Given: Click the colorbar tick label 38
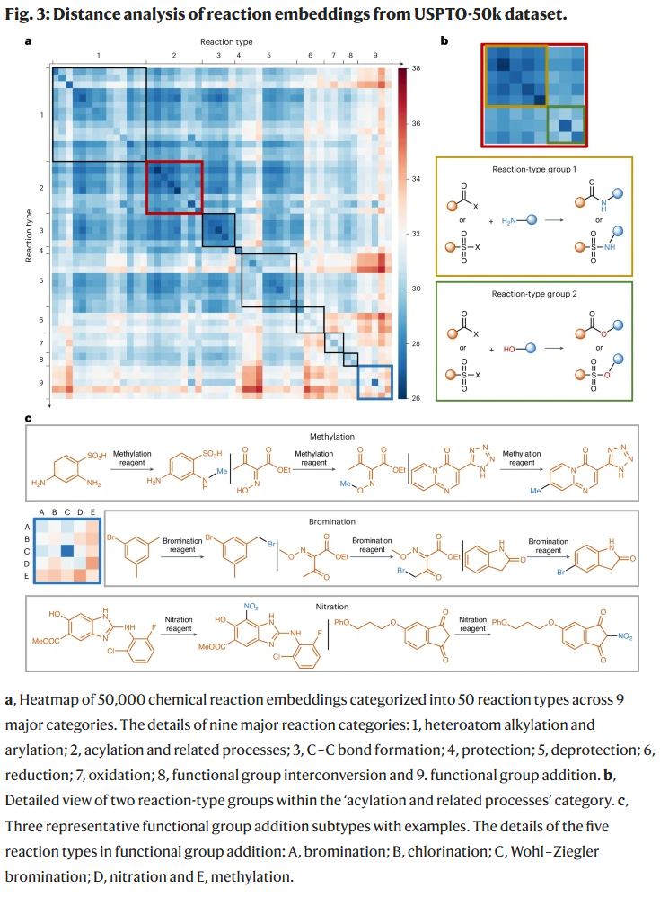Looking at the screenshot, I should [x=416, y=68].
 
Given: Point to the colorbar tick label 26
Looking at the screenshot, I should [x=416, y=397].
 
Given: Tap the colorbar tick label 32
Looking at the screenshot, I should [x=416, y=234].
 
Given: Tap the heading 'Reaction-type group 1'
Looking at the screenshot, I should [x=533, y=170].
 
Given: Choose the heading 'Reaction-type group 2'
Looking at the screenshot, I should [x=533, y=293].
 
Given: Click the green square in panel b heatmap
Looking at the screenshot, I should [x=566, y=122].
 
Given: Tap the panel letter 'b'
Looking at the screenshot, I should [x=445, y=41].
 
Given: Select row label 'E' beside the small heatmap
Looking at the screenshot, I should [x=27, y=575].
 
